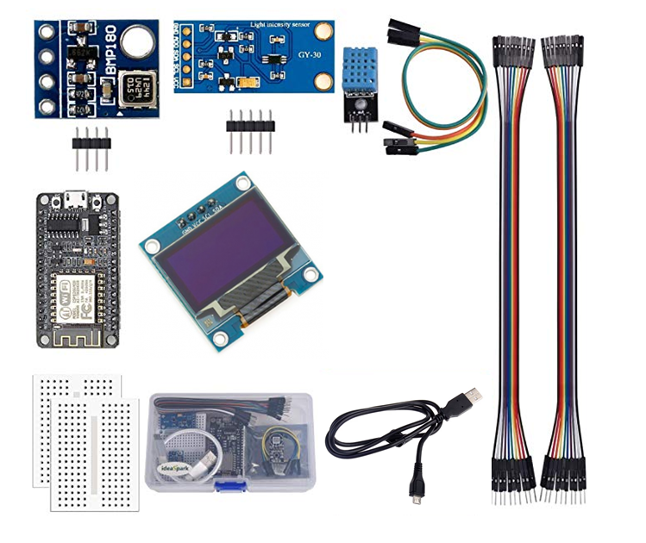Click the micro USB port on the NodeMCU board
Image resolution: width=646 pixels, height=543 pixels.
76,200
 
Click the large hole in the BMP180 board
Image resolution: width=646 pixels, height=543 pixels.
137,41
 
